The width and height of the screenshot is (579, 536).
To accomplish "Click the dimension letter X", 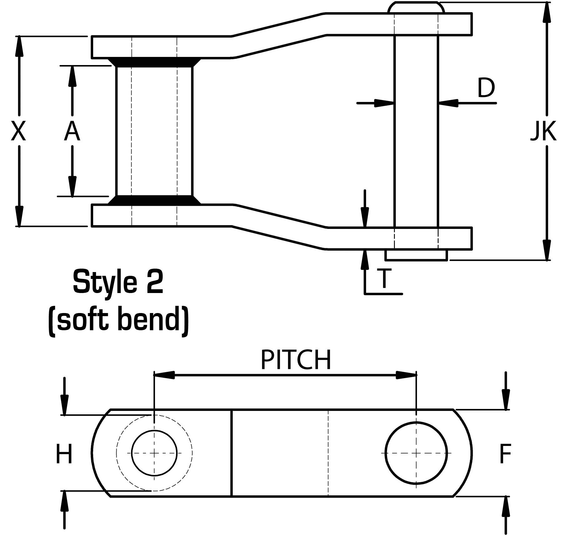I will tap(18, 131).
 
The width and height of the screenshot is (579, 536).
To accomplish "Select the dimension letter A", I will tap(72, 131).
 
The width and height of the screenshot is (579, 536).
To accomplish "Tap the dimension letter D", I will tap(486, 88).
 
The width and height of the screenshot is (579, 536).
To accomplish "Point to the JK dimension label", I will tap(543, 131).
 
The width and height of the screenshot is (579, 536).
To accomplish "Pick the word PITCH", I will tap(295, 360).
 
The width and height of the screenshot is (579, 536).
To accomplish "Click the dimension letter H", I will tap(64, 454).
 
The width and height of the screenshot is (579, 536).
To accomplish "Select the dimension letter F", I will tap(505, 454).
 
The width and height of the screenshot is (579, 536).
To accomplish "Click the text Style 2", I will tap(118, 282).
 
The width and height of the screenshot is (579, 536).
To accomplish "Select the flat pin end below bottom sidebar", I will tap(416, 255).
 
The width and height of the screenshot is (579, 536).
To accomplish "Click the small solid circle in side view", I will tap(154, 453).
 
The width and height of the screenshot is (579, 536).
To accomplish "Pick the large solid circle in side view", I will tap(416, 453).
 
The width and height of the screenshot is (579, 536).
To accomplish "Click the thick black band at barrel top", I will tap(154, 62).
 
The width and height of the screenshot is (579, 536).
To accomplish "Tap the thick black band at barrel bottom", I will tap(154, 200).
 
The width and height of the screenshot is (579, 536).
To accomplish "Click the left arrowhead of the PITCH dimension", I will tap(164, 375).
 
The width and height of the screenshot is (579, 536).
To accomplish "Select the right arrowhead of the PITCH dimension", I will tap(406, 375).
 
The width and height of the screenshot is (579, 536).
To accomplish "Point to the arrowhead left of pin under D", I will tap(384, 103).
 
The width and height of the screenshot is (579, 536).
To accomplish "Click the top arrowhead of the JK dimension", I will tap(546, 13).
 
